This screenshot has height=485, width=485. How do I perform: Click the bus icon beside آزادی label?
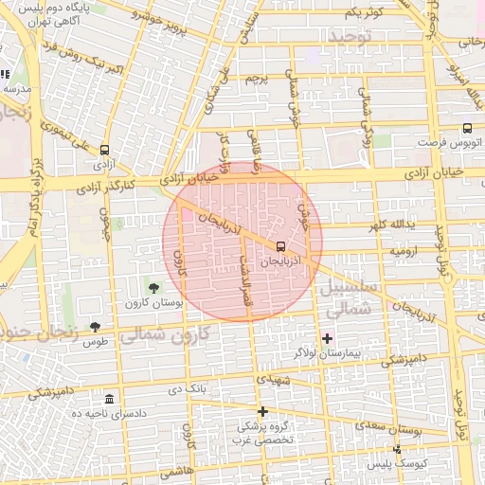(x=103, y=150)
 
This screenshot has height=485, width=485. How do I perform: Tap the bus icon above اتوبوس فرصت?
(x=467, y=128)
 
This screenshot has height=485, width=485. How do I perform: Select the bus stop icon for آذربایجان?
(x=279, y=245)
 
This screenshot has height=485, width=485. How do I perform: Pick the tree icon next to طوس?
(x=94, y=326)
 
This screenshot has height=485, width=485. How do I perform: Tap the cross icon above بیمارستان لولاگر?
(x=328, y=338)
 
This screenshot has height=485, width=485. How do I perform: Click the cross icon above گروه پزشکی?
(x=263, y=411)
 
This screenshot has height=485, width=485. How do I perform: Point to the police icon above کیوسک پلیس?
(x=397, y=449)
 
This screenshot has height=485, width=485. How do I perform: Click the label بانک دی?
(x=187, y=388)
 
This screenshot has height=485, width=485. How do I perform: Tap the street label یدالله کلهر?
(x=391, y=225)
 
